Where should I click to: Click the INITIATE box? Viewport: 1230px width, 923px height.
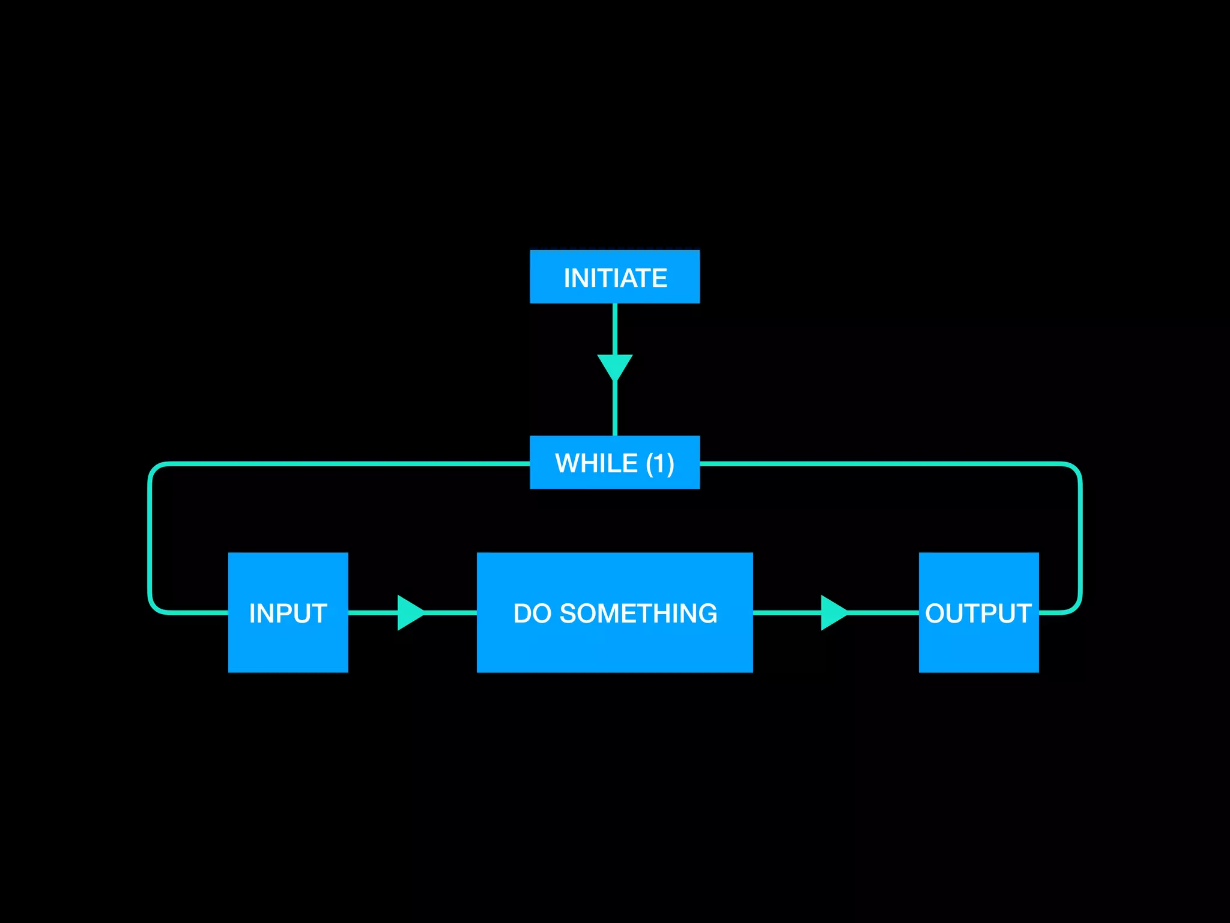pyautogui.click(x=614, y=277)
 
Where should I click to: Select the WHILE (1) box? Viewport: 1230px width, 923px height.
pyautogui.click(x=614, y=463)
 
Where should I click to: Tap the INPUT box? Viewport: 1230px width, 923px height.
pyautogui.click(x=288, y=612)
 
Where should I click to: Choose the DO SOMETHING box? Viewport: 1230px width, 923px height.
pyautogui.click(x=614, y=612)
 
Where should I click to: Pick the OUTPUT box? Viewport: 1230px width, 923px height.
pyautogui.click(x=978, y=612)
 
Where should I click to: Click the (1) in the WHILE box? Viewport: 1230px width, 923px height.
pyautogui.click(x=660, y=463)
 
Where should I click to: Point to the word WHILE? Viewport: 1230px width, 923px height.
pyautogui.click(x=596, y=463)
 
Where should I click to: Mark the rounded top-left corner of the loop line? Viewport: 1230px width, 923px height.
pyautogui.click(x=154, y=469)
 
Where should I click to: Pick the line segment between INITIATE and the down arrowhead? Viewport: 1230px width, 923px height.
pyautogui.click(x=614, y=328)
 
